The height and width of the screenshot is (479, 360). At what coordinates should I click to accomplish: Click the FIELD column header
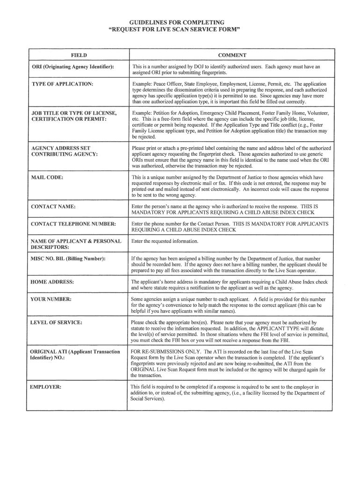[x=79, y=55]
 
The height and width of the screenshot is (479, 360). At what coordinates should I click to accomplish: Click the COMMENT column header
[x=232, y=55]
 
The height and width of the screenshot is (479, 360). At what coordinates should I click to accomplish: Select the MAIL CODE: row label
[x=47, y=178]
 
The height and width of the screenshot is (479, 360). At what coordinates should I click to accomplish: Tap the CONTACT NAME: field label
[x=53, y=206]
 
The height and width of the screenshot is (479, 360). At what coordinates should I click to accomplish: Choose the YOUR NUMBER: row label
[x=51, y=299]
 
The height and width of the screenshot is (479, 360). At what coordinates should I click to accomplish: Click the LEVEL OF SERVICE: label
[x=56, y=323]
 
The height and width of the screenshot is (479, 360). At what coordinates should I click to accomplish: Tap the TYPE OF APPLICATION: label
[x=62, y=84]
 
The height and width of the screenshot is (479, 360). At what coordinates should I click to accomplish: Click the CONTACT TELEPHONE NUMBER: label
[x=73, y=224]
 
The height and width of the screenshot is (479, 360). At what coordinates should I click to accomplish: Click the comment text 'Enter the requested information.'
[x=165, y=241]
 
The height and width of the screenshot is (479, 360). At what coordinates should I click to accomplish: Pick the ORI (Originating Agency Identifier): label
[x=72, y=67]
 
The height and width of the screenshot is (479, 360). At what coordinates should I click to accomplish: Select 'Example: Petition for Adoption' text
[x=169, y=113]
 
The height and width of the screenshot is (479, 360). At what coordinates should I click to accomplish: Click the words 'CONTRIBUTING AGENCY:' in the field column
[x=64, y=154]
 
